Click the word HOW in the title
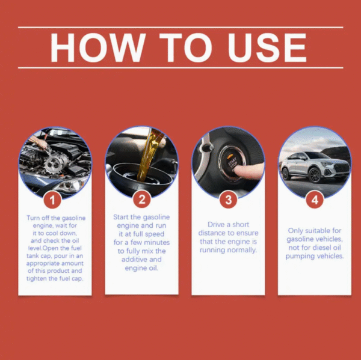click(98, 47)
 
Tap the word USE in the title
click(267, 47)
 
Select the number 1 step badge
click(52, 200)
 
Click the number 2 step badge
click(141, 199)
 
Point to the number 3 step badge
click(228, 200)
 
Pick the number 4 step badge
click(315, 200)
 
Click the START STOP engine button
click(232, 163)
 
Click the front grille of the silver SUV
click(342, 168)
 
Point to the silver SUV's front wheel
click(314, 175)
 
